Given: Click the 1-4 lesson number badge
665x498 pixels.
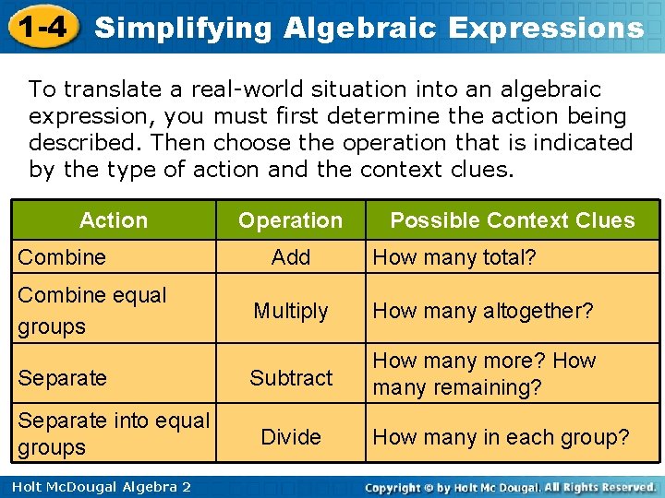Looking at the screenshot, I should [x=42, y=27].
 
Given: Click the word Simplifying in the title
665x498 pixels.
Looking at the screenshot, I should [x=184, y=28].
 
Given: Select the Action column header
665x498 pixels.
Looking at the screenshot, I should [x=114, y=220].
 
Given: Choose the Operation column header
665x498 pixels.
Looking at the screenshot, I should [x=290, y=220].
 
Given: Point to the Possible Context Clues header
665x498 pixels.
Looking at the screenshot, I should [x=513, y=220].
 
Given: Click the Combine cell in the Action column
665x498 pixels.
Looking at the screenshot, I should [x=62, y=257].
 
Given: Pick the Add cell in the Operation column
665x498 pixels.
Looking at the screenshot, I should [x=291, y=257].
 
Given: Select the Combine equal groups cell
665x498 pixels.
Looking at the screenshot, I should [x=92, y=311].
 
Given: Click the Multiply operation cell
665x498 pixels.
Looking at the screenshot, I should [x=291, y=311].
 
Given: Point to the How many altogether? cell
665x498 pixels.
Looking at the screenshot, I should [x=482, y=311].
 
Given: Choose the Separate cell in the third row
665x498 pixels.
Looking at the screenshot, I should [x=62, y=377].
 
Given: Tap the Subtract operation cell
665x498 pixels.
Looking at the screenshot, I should [x=291, y=377].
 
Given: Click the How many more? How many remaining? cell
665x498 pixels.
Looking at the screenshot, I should [x=485, y=373].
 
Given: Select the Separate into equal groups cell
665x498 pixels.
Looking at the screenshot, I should [x=113, y=433].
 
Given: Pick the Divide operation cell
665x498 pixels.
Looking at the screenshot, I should [x=291, y=436].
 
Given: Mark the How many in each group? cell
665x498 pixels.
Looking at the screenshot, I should [x=501, y=436].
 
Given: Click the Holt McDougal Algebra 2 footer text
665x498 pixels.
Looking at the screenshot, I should [x=96, y=486].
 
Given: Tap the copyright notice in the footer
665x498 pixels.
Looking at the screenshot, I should [x=510, y=486].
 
